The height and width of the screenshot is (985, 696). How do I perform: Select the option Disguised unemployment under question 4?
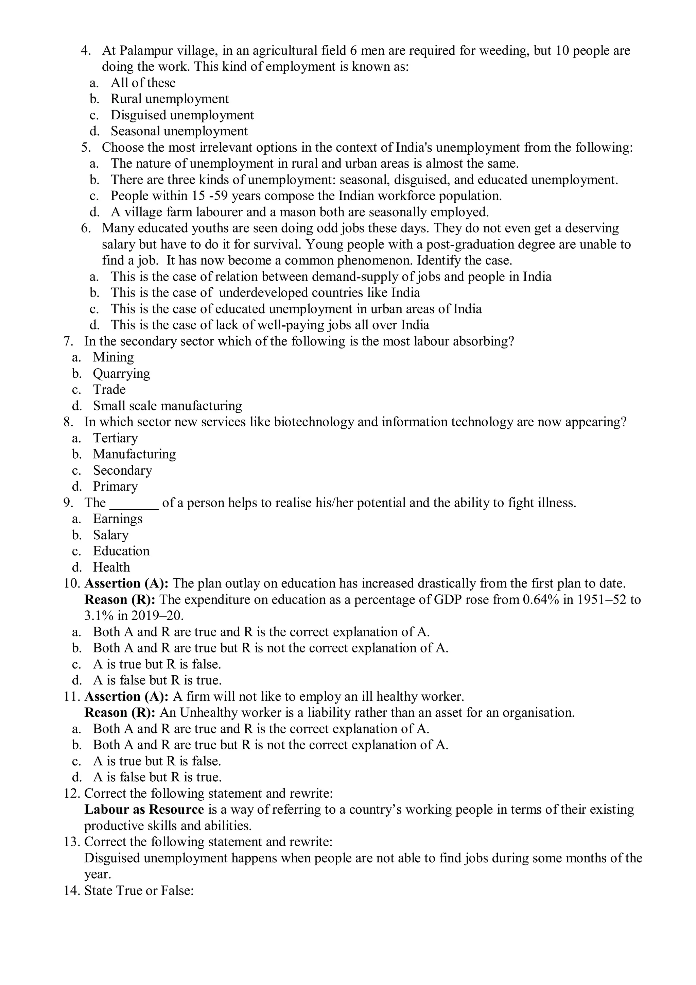(182, 115)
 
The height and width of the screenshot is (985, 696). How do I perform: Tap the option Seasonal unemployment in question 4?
(179, 131)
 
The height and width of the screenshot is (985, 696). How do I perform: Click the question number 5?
(86, 148)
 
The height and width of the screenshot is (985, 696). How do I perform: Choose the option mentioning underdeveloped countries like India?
(265, 293)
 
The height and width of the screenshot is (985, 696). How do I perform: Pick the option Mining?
(113, 357)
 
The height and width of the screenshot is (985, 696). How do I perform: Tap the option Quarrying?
(121, 374)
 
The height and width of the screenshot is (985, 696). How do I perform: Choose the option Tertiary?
(115, 438)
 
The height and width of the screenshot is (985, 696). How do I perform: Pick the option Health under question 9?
(111, 567)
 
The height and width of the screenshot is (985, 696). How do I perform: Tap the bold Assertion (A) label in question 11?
(126, 697)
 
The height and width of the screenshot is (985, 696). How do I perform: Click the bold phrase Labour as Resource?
(144, 810)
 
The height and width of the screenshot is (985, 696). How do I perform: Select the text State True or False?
(139, 890)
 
